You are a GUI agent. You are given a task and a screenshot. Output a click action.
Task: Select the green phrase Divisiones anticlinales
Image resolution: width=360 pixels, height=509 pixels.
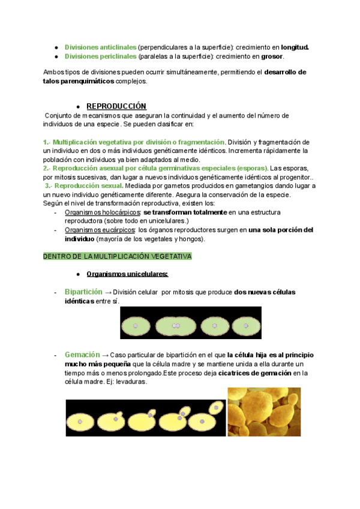[x=100, y=47]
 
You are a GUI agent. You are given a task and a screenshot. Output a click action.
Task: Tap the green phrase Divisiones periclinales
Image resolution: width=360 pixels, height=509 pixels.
[x=100, y=56]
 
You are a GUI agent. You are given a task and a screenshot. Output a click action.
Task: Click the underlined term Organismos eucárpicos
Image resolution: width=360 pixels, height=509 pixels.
[x=100, y=230]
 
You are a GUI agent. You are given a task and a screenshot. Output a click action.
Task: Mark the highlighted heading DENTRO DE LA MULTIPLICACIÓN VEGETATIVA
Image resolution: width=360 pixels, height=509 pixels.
[x=117, y=256]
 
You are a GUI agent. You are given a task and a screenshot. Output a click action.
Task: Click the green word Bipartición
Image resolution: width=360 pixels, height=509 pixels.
[x=83, y=292]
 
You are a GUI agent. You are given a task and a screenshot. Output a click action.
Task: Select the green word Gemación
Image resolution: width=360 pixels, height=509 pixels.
[x=82, y=355]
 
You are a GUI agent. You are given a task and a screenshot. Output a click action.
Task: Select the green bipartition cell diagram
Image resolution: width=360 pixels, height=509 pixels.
[x=190, y=323]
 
